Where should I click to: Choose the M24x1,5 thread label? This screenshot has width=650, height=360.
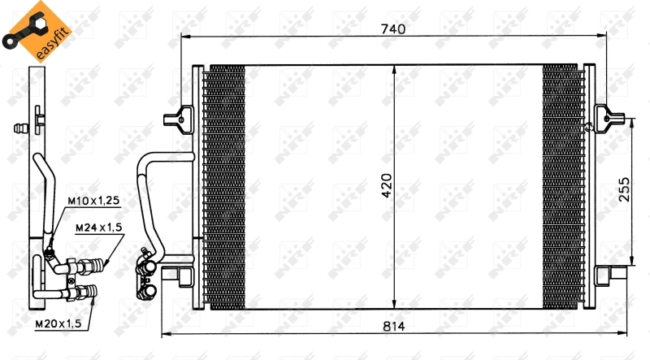[98, 229]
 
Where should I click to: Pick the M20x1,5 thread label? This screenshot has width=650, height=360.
[58, 324]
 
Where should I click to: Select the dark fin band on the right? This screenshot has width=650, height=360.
[562, 187]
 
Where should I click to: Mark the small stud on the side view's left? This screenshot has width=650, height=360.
[21, 127]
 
